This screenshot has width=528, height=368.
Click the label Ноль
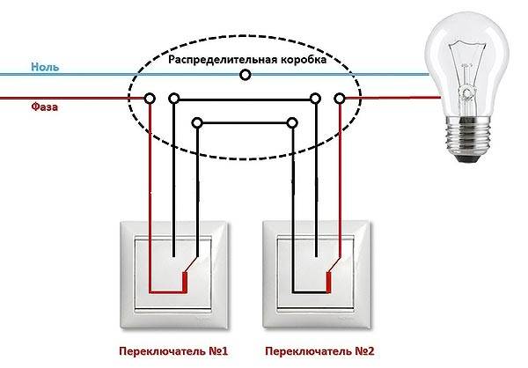45,67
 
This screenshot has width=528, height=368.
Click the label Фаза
45,107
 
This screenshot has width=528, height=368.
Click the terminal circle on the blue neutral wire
245,76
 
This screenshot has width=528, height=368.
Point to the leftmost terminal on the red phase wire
151,99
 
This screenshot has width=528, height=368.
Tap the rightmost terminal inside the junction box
340,99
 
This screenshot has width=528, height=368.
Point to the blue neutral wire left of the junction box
70,76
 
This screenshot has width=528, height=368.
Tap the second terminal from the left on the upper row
174,99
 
